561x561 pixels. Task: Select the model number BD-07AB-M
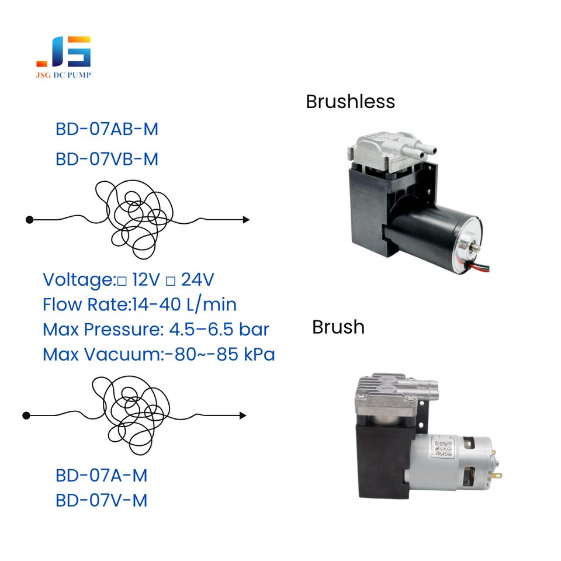click(x=107, y=129)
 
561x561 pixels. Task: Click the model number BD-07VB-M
click(x=107, y=159)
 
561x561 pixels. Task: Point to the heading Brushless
click(x=350, y=102)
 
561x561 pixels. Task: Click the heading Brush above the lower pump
click(x=338, y=327)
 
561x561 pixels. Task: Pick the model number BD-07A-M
click(x=101, y=476)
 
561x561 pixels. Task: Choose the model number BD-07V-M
click(x=101, y=501)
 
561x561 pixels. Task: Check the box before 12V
click(x=122, y=282)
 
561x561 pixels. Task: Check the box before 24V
click(x=171, y=282)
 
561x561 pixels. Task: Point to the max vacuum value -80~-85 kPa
click(x=220, y=355)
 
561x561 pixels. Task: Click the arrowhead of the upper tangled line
click(x=246, y=220)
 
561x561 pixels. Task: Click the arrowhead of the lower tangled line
click(x=243, y=415)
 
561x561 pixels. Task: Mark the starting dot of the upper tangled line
click(x=29, y=220)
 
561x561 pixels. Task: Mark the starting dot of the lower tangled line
click(x=26, y=415)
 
